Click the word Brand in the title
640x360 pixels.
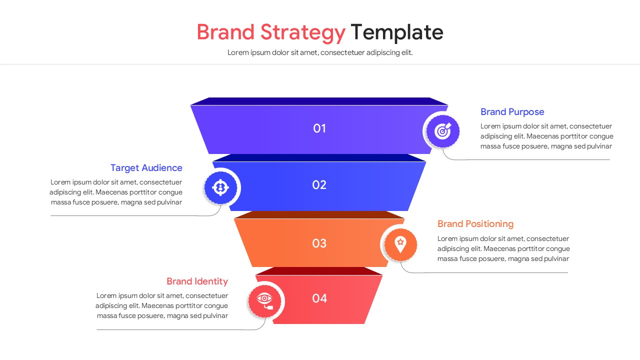pyautogui.click(x=225, y=32)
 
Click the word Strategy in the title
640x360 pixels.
pyautogui.click(x=302, y=33)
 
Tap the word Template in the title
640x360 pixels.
pyautogui.click(x=396, y=32)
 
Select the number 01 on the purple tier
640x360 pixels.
pyautogui.click(x=319, y=128)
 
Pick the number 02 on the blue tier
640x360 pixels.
pyautogui.click(x=319, y=185)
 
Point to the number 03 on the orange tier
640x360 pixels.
pyautogui.click(x=319, y=243)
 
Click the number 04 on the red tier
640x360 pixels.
pyautogui.click(x=319, y=298)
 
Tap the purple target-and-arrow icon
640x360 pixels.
pyautogui.click(x=442, y=131)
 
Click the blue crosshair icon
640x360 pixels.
pyautogui.click(x=220, y=187)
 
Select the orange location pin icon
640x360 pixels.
pyautogui.click(x=400, y=244)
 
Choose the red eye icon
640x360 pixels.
pyautogui.click(x=264, y=300)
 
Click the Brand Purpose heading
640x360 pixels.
pyautogui.click(x=512, y=112)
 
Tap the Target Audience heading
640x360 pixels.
pyautogui.click(x=146, y=168)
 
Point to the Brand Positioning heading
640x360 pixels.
pyautogui.click(x=475, y=224)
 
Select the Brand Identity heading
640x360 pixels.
pyautogui.click(x=197, y=281)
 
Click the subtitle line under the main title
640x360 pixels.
pyautogui.click(x=320, y=52)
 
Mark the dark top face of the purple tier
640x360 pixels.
pyautogui.click(x=319, y=101)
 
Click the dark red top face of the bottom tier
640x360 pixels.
pyautogui.click(x=319, y=271)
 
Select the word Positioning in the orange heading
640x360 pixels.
pyautogui.click(x=489, y=224)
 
